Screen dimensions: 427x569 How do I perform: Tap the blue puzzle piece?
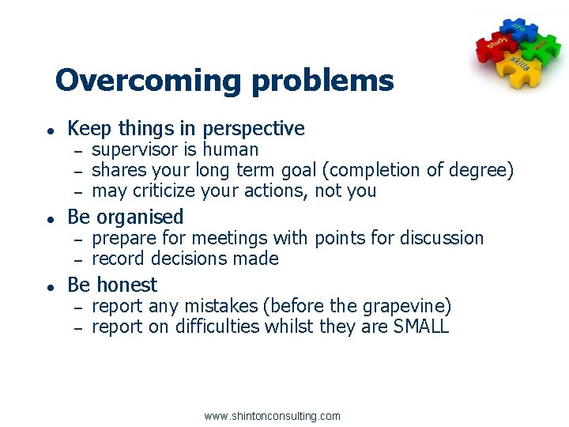(518, 30)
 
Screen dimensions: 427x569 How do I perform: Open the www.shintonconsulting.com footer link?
(272, 416)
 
